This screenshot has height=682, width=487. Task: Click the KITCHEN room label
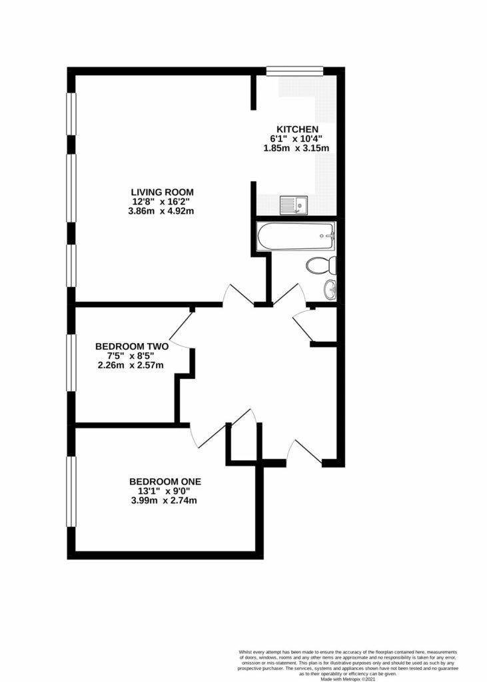pyautogui.click(x=297, y=129)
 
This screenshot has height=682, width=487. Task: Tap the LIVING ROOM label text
pyautogui.click(x=163, y=192)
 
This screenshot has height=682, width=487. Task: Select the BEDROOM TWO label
pyautogui.click(x=132, y=346)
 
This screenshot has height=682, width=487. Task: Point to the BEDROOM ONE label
pyautogui.click(x=165, y=482)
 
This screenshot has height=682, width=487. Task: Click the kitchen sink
pyautogui.click(x=294, y=205)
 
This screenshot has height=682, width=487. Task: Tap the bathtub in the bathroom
pyautogui.click(x=296, y=236)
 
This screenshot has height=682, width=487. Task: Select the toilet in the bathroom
pyautogui.click(x=322, y=265)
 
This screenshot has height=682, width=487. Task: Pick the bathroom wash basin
pyautogui.click(x=330, y=289)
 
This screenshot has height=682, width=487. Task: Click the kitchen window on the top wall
pyautogui.click(x=294, y=71)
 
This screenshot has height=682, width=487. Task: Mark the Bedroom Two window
pyautogui.click(x=71, y=362)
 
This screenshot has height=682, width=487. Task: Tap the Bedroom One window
pyautogui.click(x=71, y=491)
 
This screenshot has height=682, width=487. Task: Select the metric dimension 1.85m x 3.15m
pyautogui.click(x=296, y=149)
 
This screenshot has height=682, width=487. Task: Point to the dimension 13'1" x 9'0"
pyautogui.click(x=165, y=491)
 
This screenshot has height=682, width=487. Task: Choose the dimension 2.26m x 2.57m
pyautogui.click(x=131, y=366)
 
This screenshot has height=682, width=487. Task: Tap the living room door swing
pyautogui.click(x=238, y=295)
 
